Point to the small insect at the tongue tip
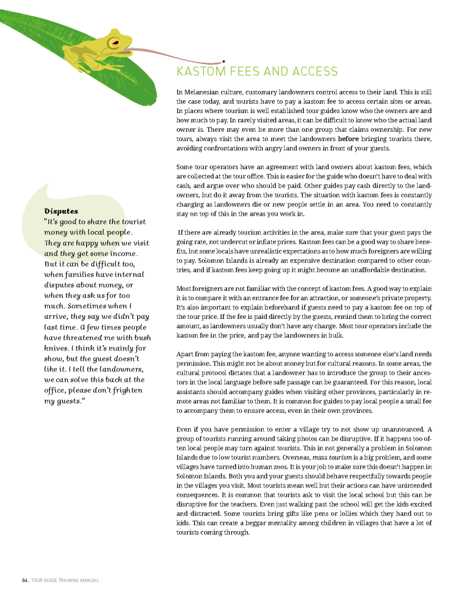(223, 61)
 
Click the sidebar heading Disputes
(61, 210)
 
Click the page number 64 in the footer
(25, 580)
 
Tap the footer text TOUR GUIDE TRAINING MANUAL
(65, 580)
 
